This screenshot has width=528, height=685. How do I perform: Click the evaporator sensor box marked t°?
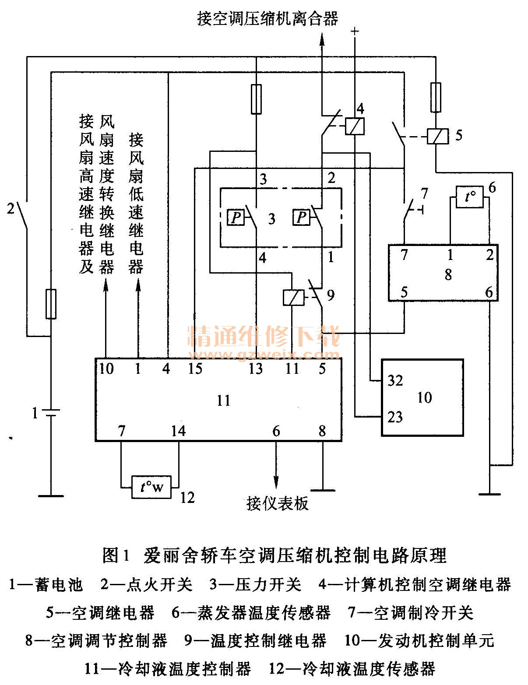pos(470,197)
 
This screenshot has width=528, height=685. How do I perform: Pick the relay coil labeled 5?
pos(436,136)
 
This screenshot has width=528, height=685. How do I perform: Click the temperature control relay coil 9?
pos(291,298)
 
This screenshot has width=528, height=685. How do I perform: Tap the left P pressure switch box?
pos(236,218)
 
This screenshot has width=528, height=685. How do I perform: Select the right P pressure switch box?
pos(301,218)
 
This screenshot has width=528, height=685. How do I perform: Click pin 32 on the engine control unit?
pos(395,381)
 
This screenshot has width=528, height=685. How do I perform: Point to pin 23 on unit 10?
pos(395,417)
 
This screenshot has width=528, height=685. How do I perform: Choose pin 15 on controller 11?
pos(195,369)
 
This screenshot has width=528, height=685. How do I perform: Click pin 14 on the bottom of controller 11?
pos(178,431)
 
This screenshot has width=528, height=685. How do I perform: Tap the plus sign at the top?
pos(355,32)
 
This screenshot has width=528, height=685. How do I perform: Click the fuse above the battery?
pos(51,304)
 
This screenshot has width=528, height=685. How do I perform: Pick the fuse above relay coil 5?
pos(436,97)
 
